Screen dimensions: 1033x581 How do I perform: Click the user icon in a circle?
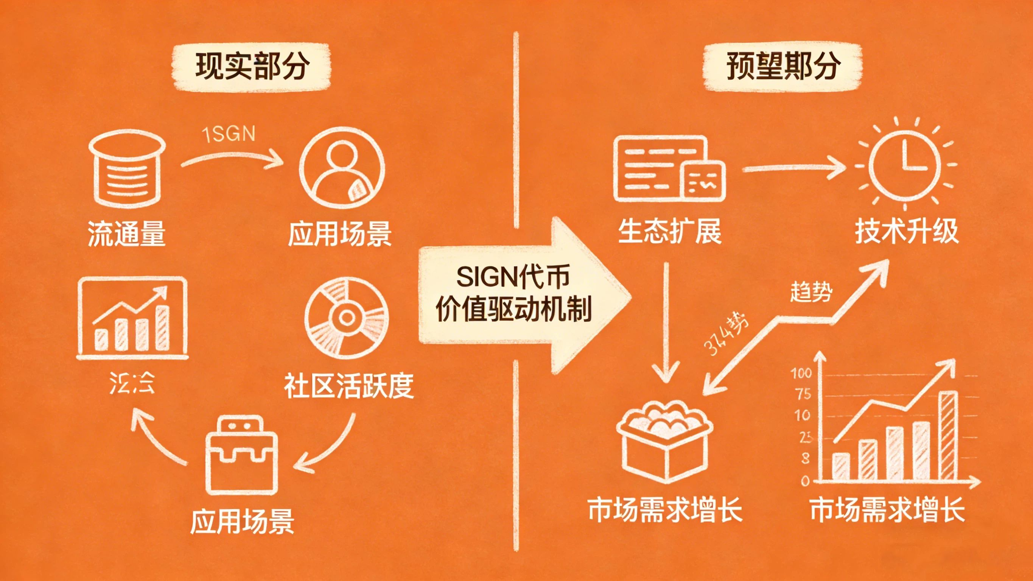pyautogui.click(x=342, y=168)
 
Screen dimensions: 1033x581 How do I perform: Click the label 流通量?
pyautogui.click(x=127, y=234)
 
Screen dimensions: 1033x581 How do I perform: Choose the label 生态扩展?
pyautogui.click(x=669, y=232)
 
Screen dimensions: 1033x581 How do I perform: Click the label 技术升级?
pyautogui.click(x=906, y=232)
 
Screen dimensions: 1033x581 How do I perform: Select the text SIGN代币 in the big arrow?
pyautogui.click(x=513, y=277)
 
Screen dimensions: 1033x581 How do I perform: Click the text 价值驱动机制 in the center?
pyautogui.click(x=513, y=310)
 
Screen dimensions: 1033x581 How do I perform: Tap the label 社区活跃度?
pyautogui.click(x=348, y=386)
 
